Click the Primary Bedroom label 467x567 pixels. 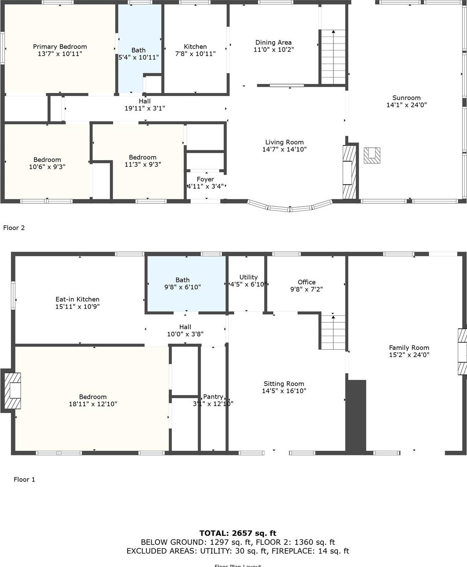[60, 47]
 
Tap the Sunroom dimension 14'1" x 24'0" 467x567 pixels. [406, 105]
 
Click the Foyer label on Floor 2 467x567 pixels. [205, 179]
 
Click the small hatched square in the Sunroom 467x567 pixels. [372, 155]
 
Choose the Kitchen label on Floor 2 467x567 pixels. [195, 47]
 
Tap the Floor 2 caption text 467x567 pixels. [14, 228]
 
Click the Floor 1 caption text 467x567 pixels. [24, 479]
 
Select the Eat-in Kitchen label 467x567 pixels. [77, 299]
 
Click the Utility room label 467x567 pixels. [248, 277]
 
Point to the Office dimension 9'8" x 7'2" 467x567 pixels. [306, 289]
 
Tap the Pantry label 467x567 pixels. [213, 397]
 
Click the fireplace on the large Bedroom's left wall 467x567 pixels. [12, 391]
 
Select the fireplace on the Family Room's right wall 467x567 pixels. [462, 352]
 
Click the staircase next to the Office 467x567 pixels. [333, 332]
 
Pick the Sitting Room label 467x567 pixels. [284, 384]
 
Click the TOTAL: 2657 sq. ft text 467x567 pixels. [238, 533]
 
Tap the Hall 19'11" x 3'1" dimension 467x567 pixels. [144, 108]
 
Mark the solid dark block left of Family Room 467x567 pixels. [356, 416]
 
